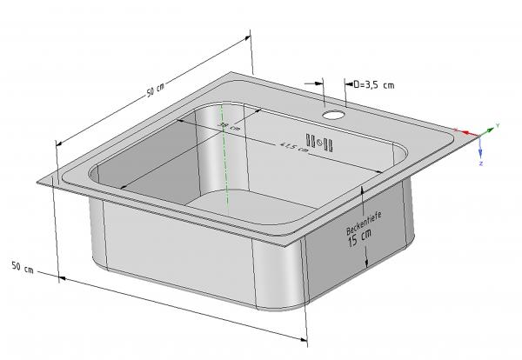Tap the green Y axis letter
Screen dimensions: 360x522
497,126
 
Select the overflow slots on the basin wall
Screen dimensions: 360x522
321,142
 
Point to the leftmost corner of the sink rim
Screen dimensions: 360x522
39,182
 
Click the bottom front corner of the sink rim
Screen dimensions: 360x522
300,248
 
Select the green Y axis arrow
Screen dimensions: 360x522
489,130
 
